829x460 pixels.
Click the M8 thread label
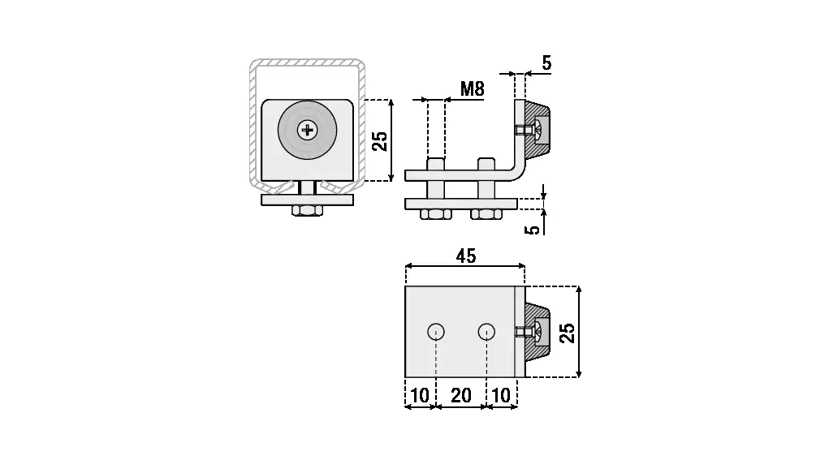pos(472,88)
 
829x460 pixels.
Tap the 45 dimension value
pos(465,256)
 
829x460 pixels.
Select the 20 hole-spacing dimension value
pos(460,395)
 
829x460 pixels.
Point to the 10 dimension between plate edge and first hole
pos(420,395)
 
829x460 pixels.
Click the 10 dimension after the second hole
pos(501,395)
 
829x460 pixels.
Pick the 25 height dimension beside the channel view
pos(379,142)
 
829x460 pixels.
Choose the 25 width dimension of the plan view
pos(568,332)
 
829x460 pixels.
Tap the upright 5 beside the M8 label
pos(546,62)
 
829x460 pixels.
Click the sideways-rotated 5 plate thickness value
pos(533,230)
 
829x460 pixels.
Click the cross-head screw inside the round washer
pos(308,129)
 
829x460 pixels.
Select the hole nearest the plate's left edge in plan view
pos(436,331)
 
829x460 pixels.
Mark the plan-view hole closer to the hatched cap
pos(486,331)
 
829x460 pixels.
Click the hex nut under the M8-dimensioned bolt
pos(436,215)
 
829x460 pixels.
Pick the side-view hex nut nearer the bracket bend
pos(486,215)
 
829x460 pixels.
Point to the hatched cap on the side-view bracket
pos(538,130)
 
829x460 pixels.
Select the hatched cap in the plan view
pos(538,331)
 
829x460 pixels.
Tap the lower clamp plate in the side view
pos(460,203)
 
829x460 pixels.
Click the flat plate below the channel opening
pos(308,200)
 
